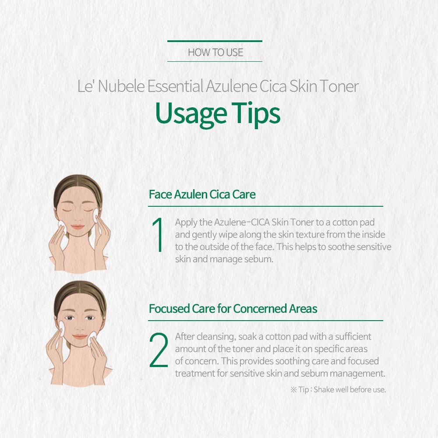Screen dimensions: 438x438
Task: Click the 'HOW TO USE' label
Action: click(215, 52)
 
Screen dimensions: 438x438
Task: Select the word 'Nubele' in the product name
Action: click(121, 86)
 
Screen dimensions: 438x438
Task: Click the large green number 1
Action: click(159, 235)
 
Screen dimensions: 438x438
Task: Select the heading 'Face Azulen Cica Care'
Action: click(202, 194)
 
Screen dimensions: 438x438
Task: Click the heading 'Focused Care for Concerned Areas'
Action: click(233, 309)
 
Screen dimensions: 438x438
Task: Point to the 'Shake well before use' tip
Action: click(350, 389)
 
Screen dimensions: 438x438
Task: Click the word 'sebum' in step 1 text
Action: click(258, 259)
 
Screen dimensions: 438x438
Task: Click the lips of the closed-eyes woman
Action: click(78, 226)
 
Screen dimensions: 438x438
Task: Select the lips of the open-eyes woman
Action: click(80, 336)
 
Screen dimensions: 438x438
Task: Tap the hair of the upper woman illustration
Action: click(78, 184)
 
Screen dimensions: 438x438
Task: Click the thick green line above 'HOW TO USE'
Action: click(215, 41)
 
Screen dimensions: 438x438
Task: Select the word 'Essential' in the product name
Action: click(175, 86)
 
